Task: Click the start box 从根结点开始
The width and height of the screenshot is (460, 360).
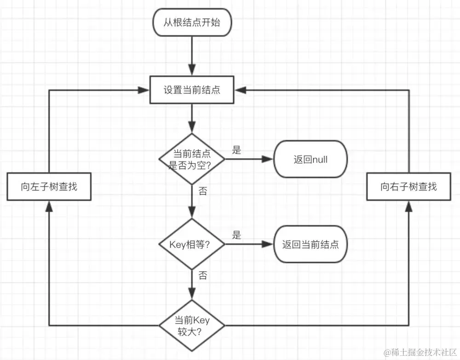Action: point(192,22)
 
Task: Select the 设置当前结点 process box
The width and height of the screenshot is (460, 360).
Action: point(192,90)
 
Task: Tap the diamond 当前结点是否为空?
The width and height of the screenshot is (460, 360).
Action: point(192,159)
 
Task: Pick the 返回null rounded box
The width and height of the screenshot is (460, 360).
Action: point(310,159)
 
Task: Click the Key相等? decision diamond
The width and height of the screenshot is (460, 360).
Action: point(192,244)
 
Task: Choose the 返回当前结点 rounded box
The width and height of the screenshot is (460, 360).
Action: point(310,244)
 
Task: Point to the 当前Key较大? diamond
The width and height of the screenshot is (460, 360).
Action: point(192,326)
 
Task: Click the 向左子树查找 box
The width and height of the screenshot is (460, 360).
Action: point(49,187)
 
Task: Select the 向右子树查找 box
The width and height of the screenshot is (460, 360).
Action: point(408,187)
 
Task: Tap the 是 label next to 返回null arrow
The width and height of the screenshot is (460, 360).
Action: point(236,151)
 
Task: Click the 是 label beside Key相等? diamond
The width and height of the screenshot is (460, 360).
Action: point(236,235)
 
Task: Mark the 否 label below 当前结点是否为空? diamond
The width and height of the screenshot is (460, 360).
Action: point(202,191)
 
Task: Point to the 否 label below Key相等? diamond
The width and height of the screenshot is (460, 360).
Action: point(202,275)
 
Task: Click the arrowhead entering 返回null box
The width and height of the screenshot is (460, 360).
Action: point(268,159)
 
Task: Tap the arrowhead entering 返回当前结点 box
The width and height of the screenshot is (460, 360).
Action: point(268,244)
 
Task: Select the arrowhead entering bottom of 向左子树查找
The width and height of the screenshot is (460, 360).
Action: point(49,207)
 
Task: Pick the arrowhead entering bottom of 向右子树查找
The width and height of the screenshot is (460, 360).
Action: point(408,207)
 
